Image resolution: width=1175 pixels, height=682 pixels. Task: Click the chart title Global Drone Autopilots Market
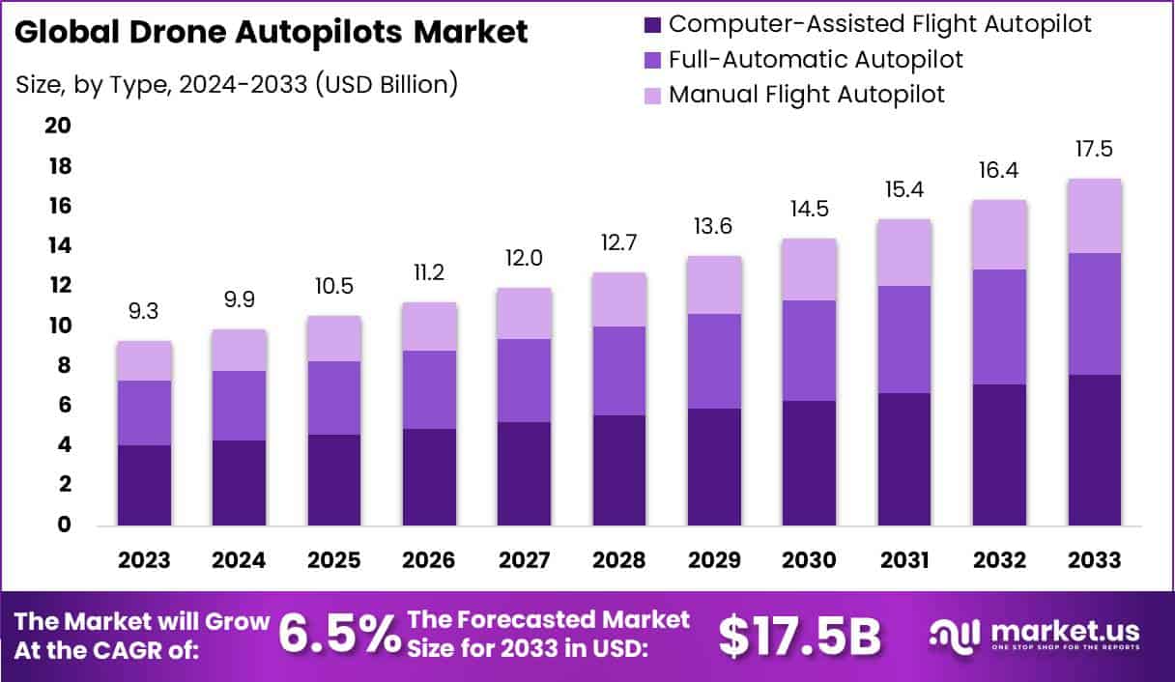click(x=272, y=33)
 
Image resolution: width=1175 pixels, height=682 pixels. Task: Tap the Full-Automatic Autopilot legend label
click(x=816, y=59)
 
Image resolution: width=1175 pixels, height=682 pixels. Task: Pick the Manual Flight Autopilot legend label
click(x=806, y=95)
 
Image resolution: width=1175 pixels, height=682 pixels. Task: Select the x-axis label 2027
click(x=524, y=560)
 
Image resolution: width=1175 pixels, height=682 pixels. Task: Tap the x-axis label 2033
click(x=1095, y=560)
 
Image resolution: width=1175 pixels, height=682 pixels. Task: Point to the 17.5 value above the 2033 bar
click(x=1095, y=151)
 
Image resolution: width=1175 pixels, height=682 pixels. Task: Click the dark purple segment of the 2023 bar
click(x=144, y=485)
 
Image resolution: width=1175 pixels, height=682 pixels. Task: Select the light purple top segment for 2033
click(x=1095, y=216)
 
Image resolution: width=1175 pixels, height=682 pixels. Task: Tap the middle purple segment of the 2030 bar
click(x=810, y=350)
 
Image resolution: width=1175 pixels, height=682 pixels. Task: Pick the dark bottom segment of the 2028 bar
click(x=619, y=470)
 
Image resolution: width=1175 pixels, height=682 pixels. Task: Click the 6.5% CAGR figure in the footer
click(x=339, y=635)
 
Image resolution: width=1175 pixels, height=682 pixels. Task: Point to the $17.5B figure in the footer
click(x=801, y=635)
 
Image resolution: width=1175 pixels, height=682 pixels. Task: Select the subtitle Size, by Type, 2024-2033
click(x=236, y=84)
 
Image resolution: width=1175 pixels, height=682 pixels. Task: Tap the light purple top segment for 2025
click(x=334, y=338)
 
